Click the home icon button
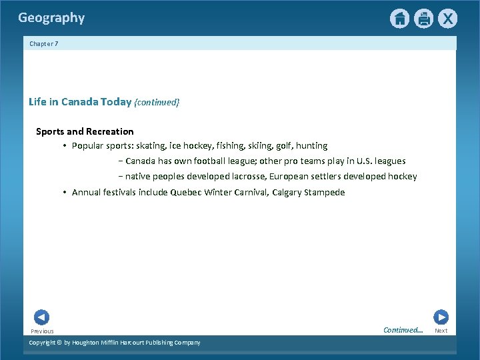[x=399, y=19]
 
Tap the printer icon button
[x=423, y=19]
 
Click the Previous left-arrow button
[x=41, y=317]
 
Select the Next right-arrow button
[x=441, y=317]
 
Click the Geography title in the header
[x=51, y=18]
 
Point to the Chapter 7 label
[x=44, y=44]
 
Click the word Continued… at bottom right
[x=403, y=330]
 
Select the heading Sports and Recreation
[x=85, y=131]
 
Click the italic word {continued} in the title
[x=157, y=102]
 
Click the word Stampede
[x=325, y=193]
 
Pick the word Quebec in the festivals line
[x=185, y=193]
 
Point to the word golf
[x=282, y=145]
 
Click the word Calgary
[x=287, y=193]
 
